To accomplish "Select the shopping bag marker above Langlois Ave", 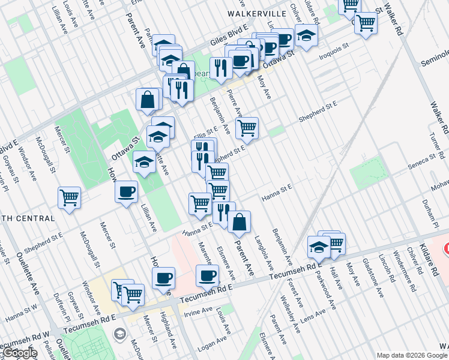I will pos(239,221).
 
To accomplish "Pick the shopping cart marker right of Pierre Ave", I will pos(246,127).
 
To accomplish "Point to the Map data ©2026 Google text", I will pos(411,355).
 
